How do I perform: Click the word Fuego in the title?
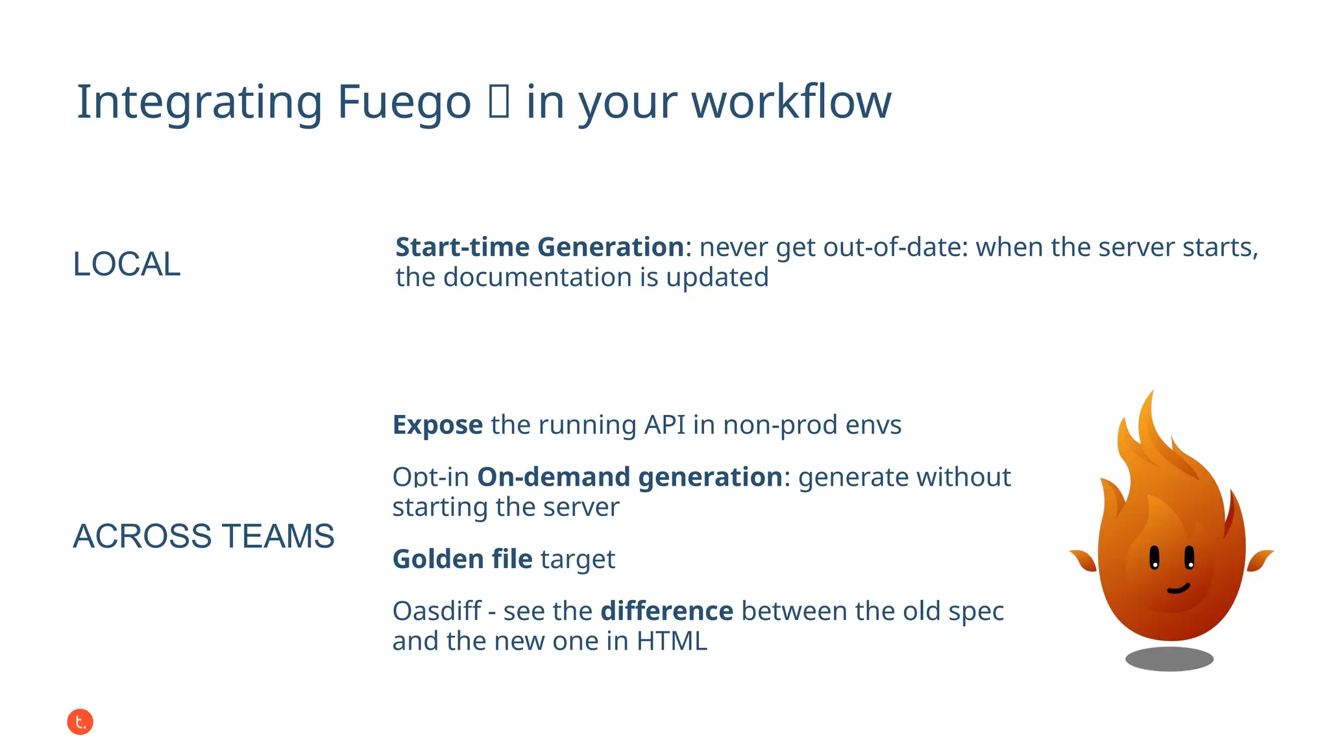[404, 102]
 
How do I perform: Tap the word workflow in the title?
[791, 102]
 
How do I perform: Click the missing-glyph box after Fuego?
[498, 102]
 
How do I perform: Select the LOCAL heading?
[127, 264]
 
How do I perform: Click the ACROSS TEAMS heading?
[203, 536]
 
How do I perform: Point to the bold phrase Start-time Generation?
[539, 247]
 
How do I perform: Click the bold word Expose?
[437, 425]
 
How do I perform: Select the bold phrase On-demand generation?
[629, 477]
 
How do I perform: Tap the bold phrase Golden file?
[462, 559]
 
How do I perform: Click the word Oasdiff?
[437, 611]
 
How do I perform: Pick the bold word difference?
[666, 611]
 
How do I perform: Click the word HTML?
[671, 641]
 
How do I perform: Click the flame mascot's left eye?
[1154, 558]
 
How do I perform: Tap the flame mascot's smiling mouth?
[1178, 589]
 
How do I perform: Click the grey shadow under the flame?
[1169, 659]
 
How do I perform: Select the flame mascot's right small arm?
[1259, 560]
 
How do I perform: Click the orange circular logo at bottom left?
[80, 722]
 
